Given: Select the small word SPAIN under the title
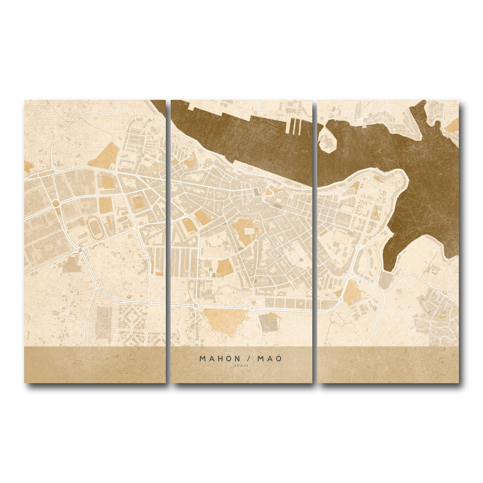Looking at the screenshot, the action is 242,365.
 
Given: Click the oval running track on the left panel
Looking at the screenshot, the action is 95,227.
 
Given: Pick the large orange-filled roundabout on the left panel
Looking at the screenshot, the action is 56,203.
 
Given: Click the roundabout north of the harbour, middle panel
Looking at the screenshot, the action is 260,107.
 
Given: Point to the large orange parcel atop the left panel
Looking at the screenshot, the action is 104,155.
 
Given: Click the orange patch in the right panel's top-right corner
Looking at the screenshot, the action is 453,125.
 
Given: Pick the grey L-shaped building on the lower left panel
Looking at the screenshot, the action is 72,264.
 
